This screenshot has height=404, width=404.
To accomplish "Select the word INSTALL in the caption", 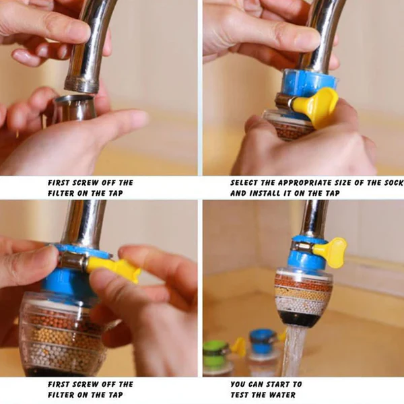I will click(265, 193).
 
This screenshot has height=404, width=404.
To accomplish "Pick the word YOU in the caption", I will click(240, 384).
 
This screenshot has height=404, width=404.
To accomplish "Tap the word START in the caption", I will click(285, 384).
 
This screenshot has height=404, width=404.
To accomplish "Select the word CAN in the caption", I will click(261, 384).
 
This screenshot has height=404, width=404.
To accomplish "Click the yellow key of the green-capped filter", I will click(238, 346).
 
